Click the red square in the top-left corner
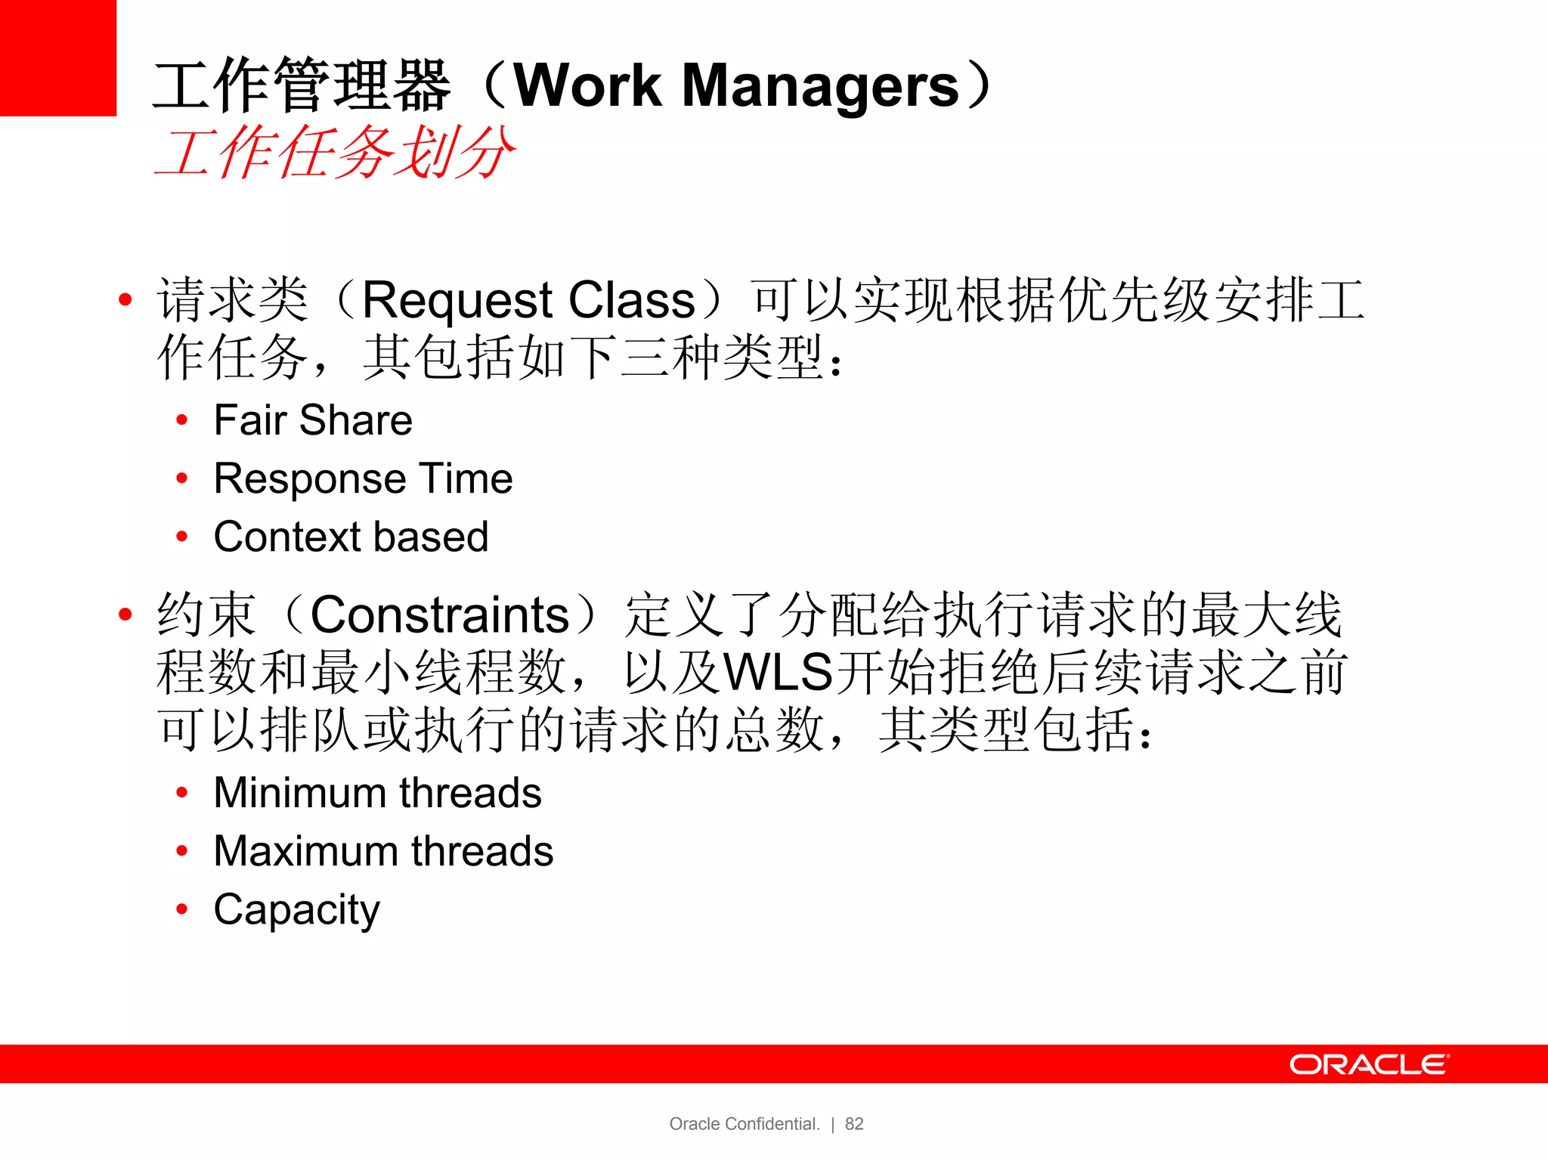[x=57, y=57]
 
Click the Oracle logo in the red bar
[x=1369, y=1064]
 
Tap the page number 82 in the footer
[x=854, y=1124]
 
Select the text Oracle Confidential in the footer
[x=744, y=1124]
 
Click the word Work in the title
[x=588, y=85]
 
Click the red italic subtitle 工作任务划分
[x=334, y=153]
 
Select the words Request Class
[x=528, y=300]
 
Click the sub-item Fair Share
[x=313, y=420]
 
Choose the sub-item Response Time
[x=363, y=478]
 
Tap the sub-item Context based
[x=351, y=537]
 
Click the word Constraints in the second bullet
[x=439, y=615]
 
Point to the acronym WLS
[x=778, y=672]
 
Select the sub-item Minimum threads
[x=377, y=793]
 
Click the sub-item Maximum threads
[x=383, y=851]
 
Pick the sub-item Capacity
[x=296, y=909]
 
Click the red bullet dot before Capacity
[x=181, y=909]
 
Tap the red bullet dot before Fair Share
[x=181, y=420]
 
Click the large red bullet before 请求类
[x=125, y=300]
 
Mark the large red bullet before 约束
[x=125, y=615]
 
